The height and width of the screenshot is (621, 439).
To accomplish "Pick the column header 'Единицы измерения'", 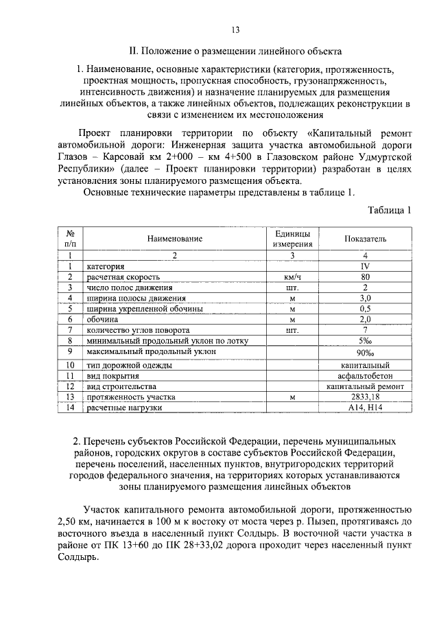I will pos(292,238).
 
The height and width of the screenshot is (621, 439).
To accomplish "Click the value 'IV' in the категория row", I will pos(365,266).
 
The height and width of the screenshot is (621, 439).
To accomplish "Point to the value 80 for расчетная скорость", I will pos(365,277).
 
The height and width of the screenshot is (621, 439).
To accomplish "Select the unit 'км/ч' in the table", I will pos(292,277).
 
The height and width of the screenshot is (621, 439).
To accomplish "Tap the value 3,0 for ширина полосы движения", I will pos(365,298).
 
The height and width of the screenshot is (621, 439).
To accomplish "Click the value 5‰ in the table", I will pos(365,341).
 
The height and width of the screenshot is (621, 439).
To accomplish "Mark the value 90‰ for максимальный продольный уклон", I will pos(365,353).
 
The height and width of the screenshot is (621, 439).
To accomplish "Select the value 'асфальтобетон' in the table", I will pos(365,375).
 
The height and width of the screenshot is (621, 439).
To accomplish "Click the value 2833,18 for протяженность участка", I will pos(365,397).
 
